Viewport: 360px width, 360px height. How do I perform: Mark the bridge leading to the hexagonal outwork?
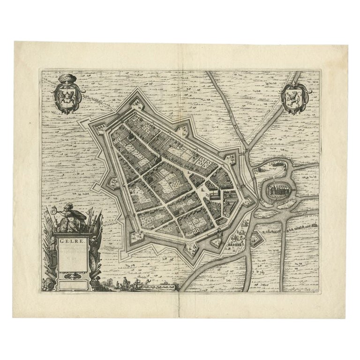[248, 231]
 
